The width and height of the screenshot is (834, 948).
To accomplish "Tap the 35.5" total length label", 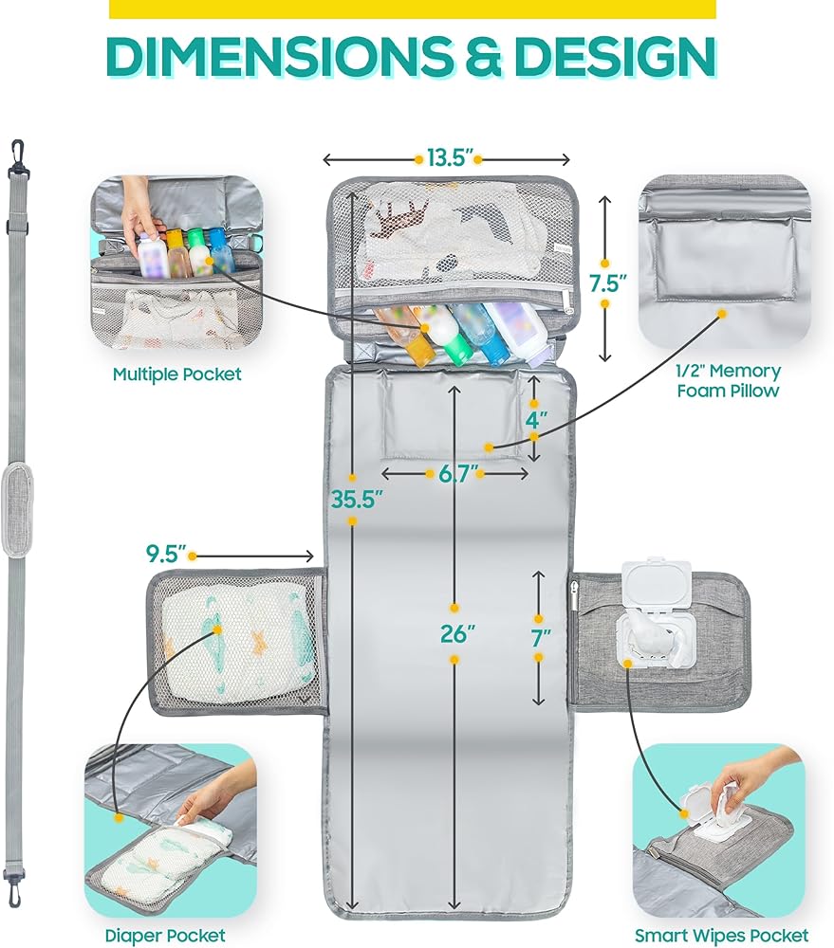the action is tap(357, 500).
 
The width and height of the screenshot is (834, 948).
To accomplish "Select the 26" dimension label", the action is tap(457, 634).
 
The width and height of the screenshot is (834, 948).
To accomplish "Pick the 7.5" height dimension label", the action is tap(608, 283).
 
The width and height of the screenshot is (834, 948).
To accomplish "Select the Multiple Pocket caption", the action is tap(176, 374).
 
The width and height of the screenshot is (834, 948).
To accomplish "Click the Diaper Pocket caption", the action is tap(165, 936).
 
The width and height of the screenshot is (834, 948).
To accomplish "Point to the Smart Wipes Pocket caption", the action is tap(721, 936).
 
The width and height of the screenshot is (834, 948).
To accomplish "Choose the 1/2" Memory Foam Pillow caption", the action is tap(729, 380).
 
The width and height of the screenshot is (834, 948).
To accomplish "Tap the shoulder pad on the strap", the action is tap(16, 510).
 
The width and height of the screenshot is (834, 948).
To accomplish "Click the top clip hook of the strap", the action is tap(18, 155).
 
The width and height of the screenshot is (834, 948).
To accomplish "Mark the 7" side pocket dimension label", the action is tap(541, 638).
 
